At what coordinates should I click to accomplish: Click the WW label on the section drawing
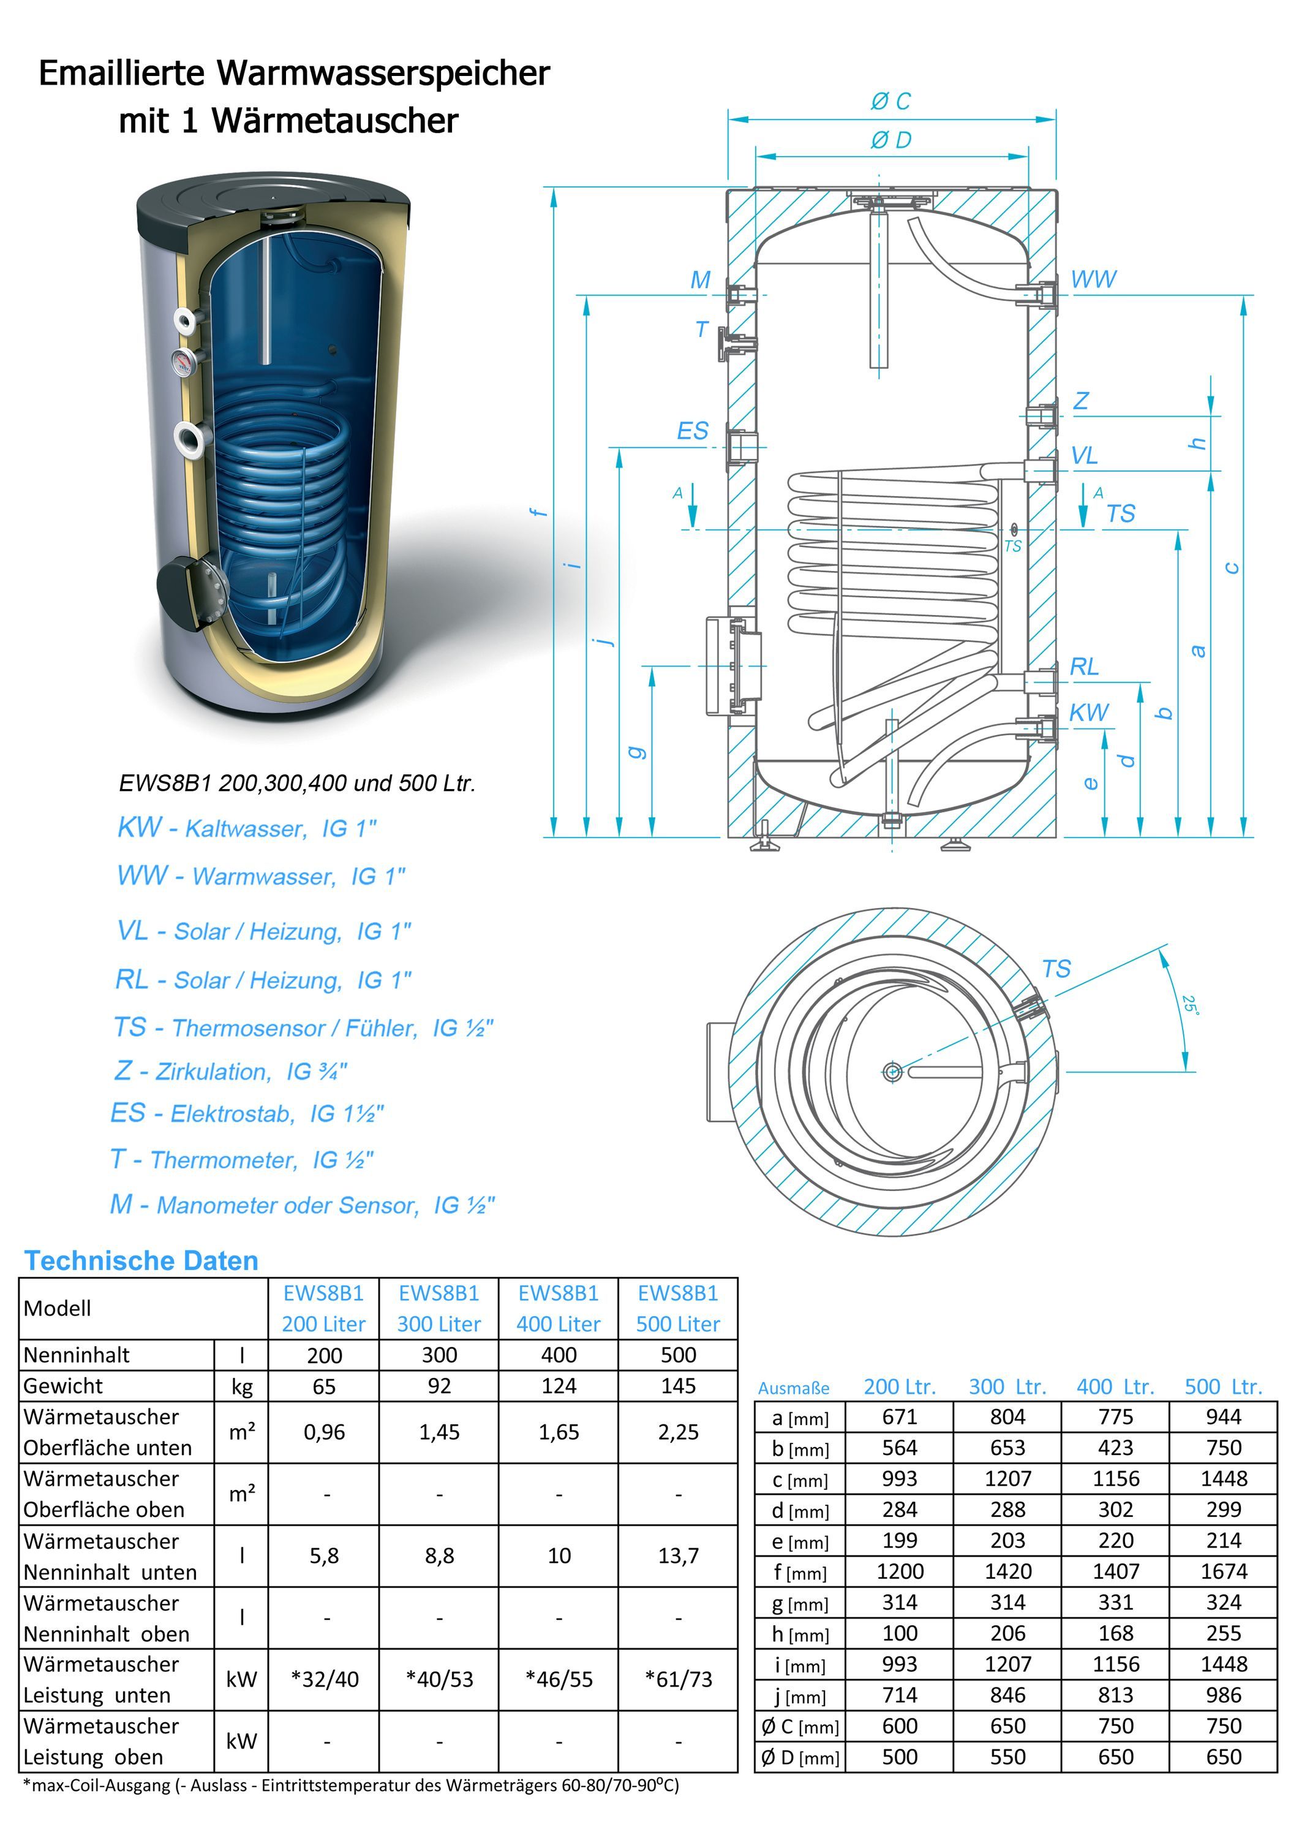(x=1093, y=279)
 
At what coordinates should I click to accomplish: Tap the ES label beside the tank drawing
(x=692, y=431)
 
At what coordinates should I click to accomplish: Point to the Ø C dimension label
(x=891, y=101)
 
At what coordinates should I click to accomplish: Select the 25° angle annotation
(x=1190, y=1005)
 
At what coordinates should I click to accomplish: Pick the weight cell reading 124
(x=558, y=1386)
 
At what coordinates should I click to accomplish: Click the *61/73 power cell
(x=678, y=1679)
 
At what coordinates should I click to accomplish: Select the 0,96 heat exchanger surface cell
(x=323, y=1432)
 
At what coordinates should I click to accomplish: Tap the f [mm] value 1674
(x=1223, y=1571)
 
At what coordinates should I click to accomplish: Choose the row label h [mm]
(x=799, y=1633)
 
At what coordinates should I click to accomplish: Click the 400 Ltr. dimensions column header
(x=1115, y=1386)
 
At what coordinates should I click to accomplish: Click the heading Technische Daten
(x=141, y=1260)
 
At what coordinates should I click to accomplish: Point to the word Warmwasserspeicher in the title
(x=383, y=73)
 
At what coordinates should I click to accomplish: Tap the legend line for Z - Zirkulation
(x=230, y=1070)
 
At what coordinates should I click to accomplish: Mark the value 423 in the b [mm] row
(x=1115, y=1447)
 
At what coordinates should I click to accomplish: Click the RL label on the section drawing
(x=1085, y=666)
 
